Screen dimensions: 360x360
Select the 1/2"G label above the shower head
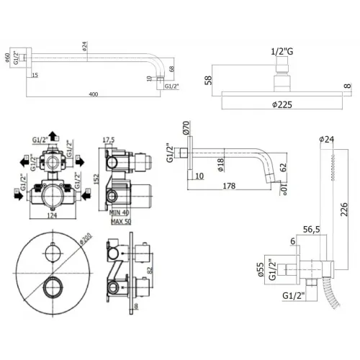[x=282, y=51]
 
